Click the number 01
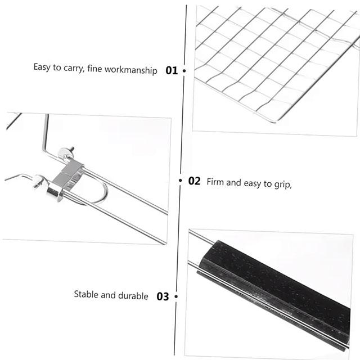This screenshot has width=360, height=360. (x=172, y=71)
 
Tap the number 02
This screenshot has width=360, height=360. (x=194, y=181)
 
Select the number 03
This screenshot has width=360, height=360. (x=163, y=296)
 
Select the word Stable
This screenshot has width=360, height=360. (x=87, y=295)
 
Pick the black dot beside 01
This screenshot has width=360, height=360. (x=184, y=71)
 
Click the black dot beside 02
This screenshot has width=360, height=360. (x=181, y=181)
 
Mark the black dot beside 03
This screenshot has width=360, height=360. (x=175, y=296)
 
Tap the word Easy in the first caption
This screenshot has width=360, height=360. (x=42, y=67)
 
